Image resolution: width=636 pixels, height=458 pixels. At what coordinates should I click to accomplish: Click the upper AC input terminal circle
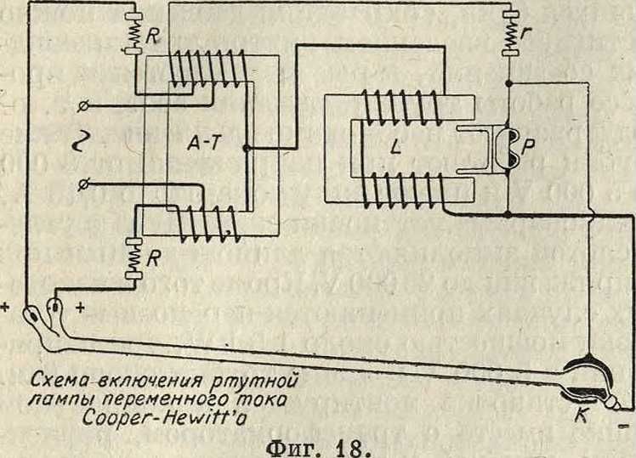[x=82, y=106]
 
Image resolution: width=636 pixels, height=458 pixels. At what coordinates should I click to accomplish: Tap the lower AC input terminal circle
[x=82, y=183]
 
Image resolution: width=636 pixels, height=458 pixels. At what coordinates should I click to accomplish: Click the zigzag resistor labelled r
[x=509, y=34]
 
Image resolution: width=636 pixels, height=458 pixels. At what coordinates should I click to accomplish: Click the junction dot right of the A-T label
[x=245, y=148]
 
